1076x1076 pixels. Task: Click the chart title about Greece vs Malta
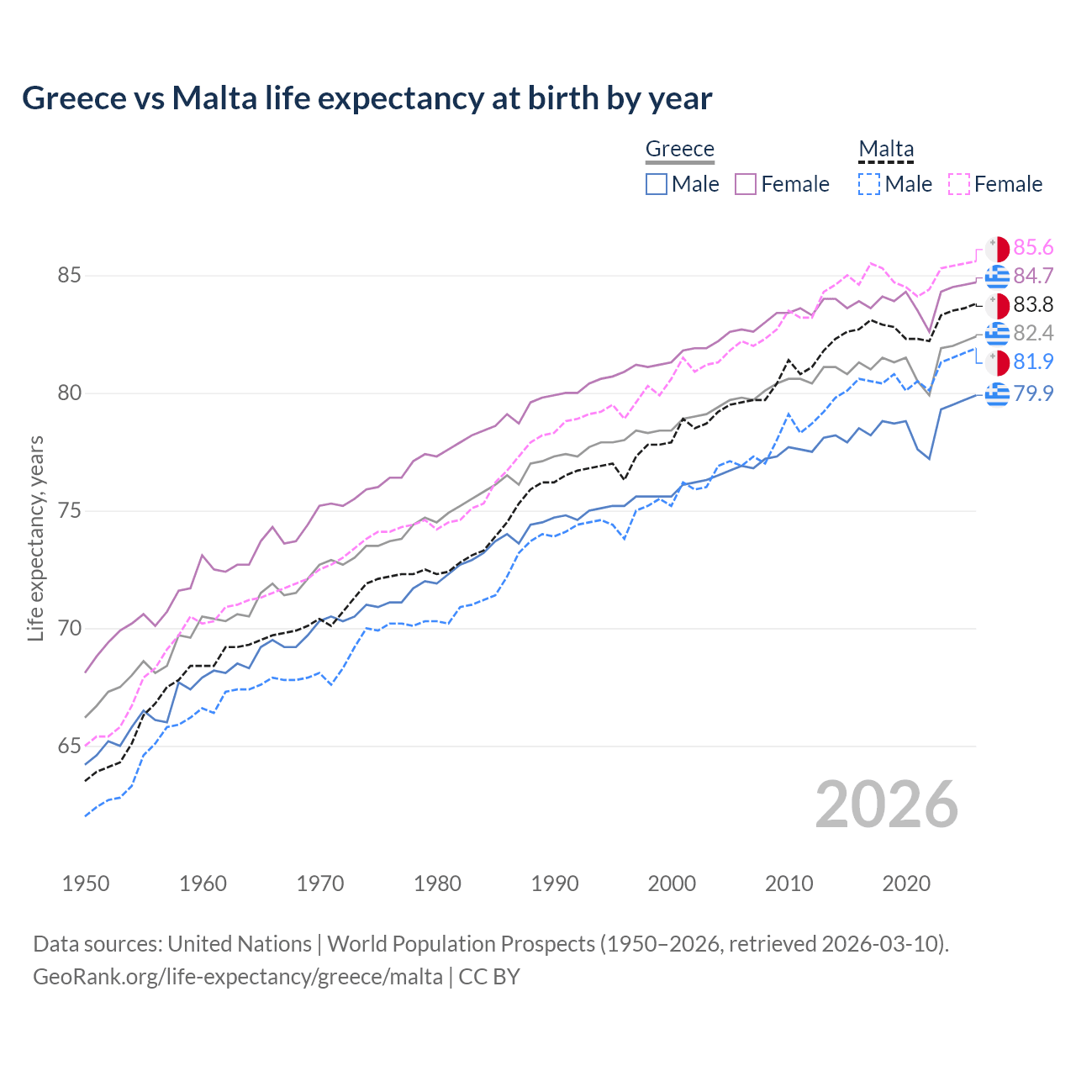pos(367,98)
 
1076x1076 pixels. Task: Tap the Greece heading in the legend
pos(679,149)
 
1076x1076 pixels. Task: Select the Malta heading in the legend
pos(885,149)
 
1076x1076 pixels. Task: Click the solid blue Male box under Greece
pos(657,184)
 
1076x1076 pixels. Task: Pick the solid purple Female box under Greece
pos(746,184)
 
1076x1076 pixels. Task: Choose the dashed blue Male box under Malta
pos(869,184)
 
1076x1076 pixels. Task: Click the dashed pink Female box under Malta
pos(959,184)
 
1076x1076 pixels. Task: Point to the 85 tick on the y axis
pos(70,276)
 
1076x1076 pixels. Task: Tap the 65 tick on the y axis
pos(70,746)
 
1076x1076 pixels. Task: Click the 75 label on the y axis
pos(70,511)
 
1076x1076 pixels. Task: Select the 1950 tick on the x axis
pos(86,883)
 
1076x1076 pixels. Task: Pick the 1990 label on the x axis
pos(555,883)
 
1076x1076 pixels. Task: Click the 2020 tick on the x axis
pos(906,883)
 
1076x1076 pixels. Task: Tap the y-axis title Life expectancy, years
pos(35,538)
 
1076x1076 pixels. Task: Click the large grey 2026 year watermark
pos(886,804)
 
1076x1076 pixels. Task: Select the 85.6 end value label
pos(1033,247)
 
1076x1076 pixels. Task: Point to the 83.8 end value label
pos(1033,304)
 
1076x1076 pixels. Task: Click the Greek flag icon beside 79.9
pos(997,393)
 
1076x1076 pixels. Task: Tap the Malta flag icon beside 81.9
pos(997,362)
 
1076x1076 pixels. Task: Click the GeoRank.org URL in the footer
pos(238,977)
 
